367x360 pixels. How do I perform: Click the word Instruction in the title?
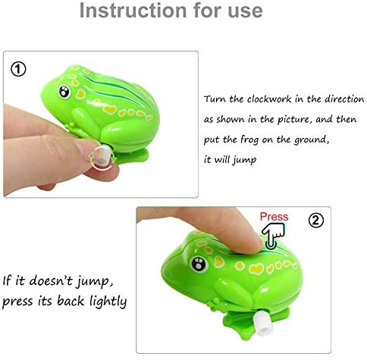(x=133, y=11)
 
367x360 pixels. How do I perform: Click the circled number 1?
(x=18, y=69)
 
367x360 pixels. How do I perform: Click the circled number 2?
(x=316, y=221)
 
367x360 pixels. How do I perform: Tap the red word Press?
(x=274, y=217)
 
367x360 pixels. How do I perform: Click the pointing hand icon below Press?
(x=272, y=235)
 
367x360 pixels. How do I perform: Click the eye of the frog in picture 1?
(x=64, y=92)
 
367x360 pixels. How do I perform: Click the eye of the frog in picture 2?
(x=199, y=264)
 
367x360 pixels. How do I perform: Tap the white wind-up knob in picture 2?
(x=263, y=324)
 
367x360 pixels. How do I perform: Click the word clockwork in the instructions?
(x=269, y=99)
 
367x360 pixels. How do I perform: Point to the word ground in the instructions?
(x=312, y=140)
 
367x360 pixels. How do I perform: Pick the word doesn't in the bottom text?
(x=51, y=280)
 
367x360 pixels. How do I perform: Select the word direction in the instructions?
(x=344, y=99)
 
